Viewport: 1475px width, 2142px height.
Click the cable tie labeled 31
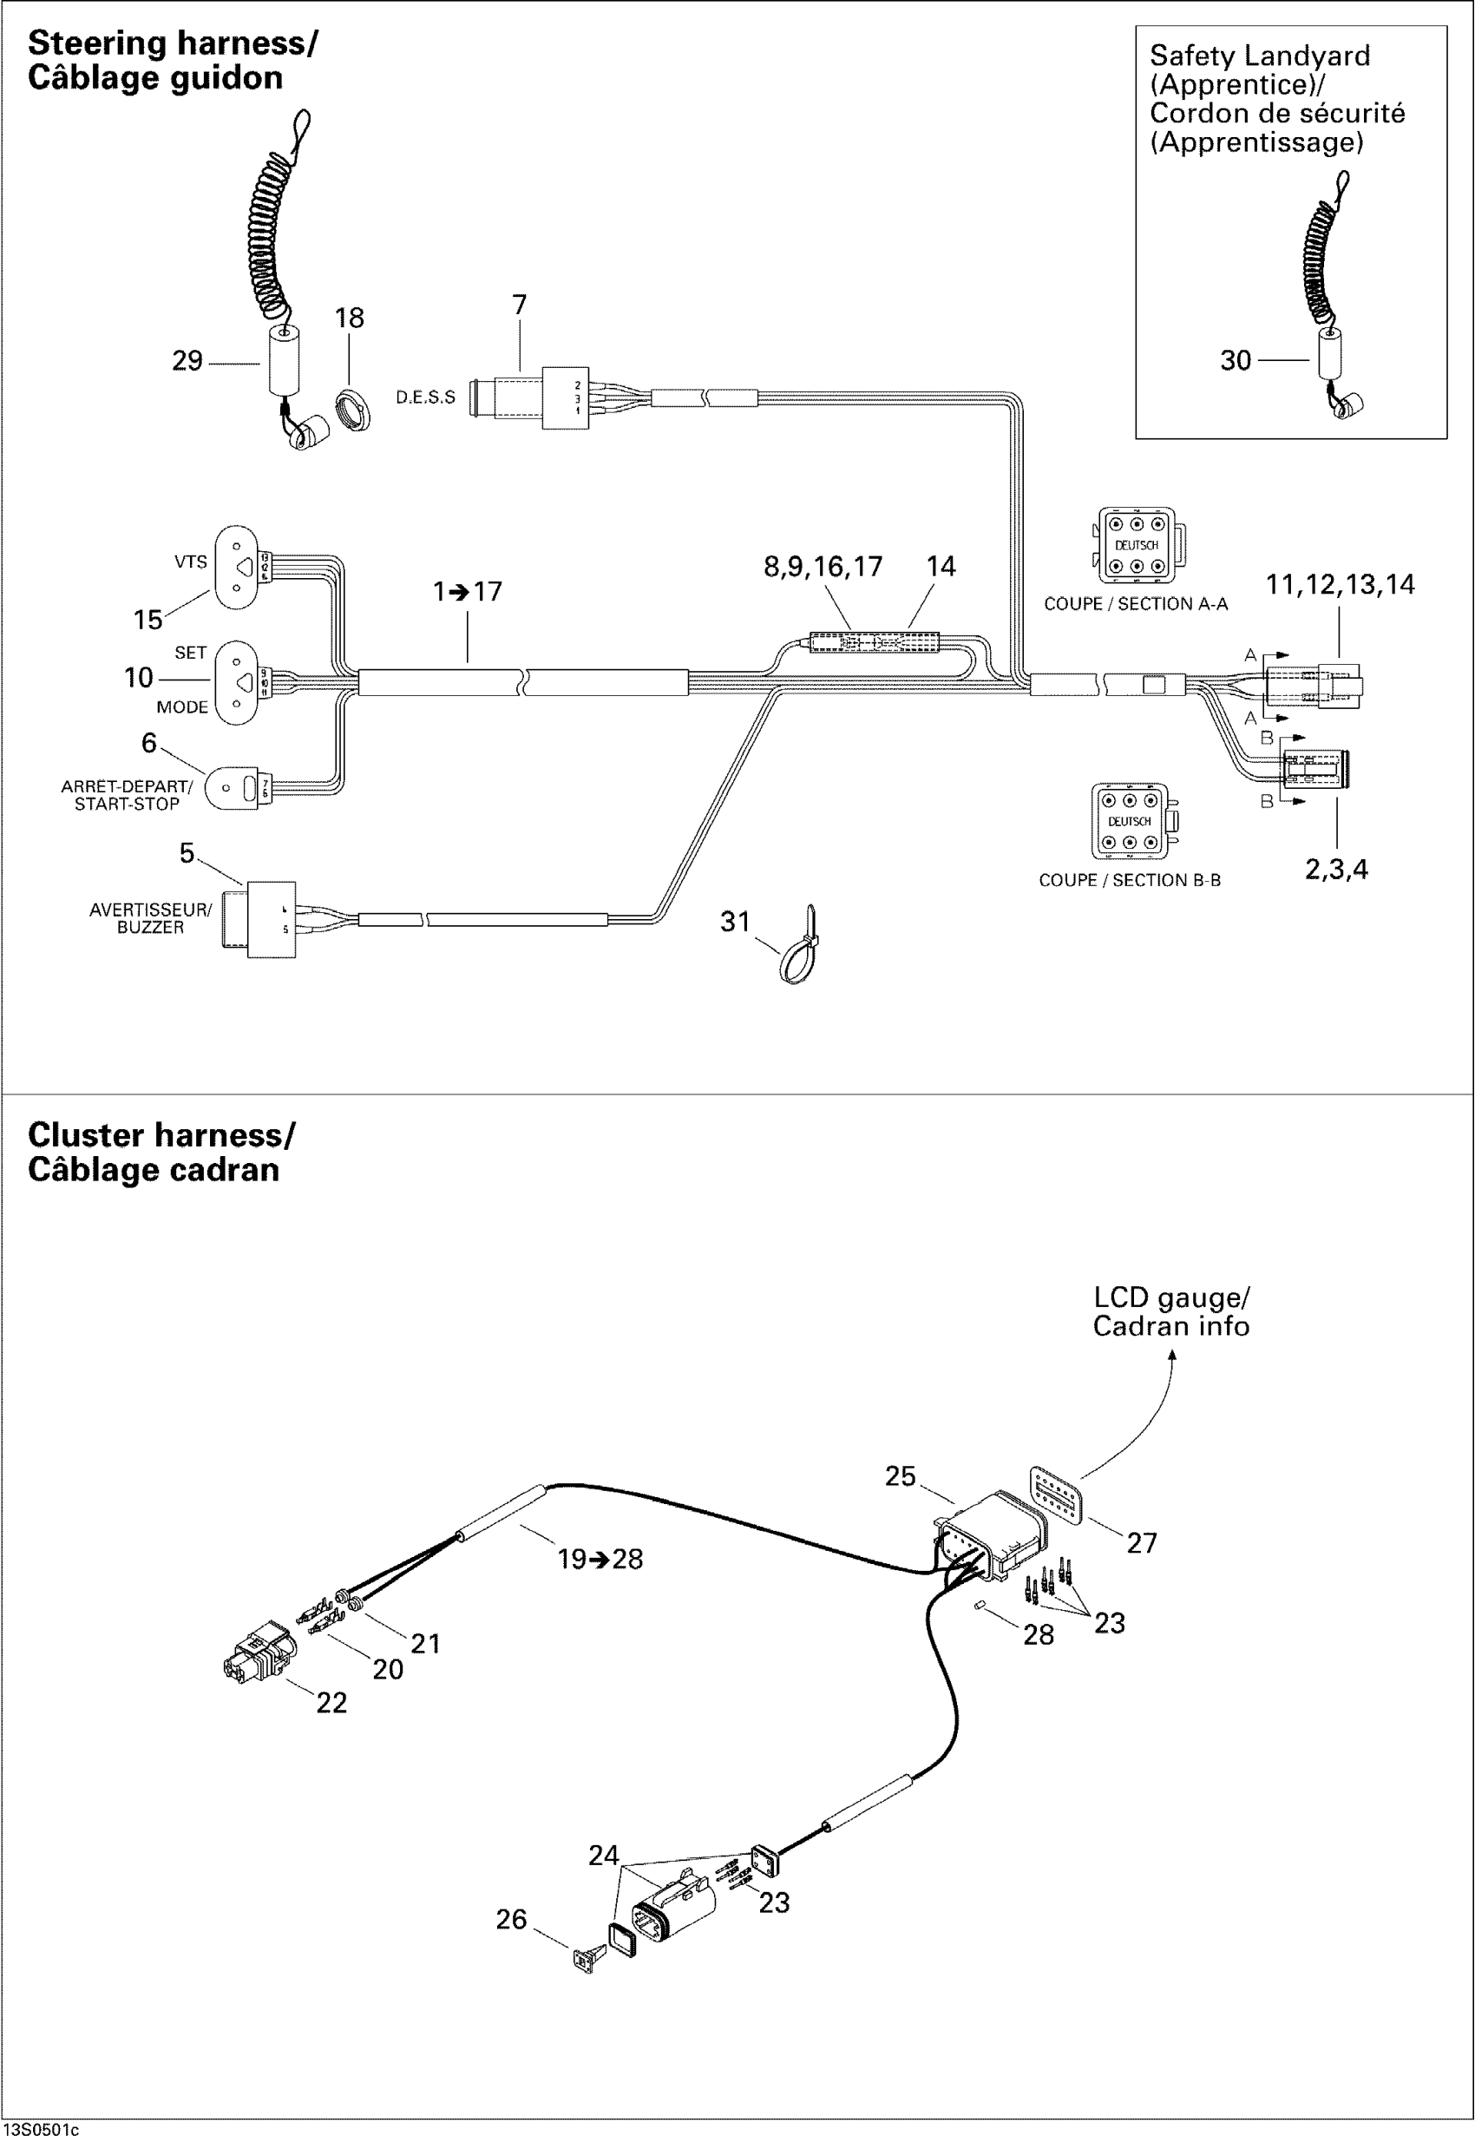coord(800,949)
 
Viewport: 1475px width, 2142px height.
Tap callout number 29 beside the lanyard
coord(187,360)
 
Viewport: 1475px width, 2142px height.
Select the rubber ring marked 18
coord(352,411)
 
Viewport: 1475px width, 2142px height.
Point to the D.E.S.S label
coord(425,398)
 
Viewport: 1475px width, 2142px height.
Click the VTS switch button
coord(236,567)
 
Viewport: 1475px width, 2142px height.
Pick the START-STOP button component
coord(235,789)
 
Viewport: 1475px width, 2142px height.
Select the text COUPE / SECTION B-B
coord(1130,880)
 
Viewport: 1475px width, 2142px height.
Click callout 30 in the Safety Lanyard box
coord(1235,360)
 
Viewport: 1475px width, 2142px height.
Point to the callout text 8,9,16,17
coord(823,567)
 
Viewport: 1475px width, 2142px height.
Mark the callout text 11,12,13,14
coord(1339,584)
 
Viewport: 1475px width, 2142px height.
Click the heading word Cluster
coord(86,1134)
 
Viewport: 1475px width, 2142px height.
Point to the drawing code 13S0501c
coord(41,2131)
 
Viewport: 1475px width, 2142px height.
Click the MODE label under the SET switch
coord(181,707)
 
